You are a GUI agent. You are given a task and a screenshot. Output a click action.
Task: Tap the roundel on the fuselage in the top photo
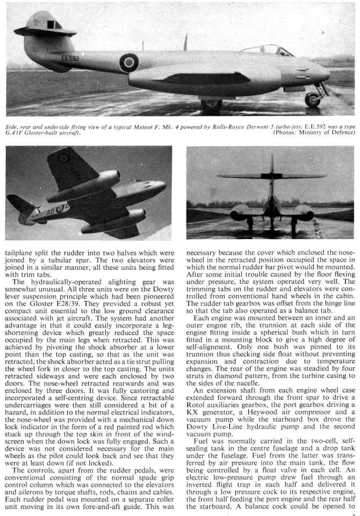tap(129, 63)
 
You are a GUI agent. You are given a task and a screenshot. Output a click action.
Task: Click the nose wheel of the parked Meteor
tap(312, 99)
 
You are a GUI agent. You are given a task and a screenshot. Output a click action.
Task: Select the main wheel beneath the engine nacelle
tap(211, 103)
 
